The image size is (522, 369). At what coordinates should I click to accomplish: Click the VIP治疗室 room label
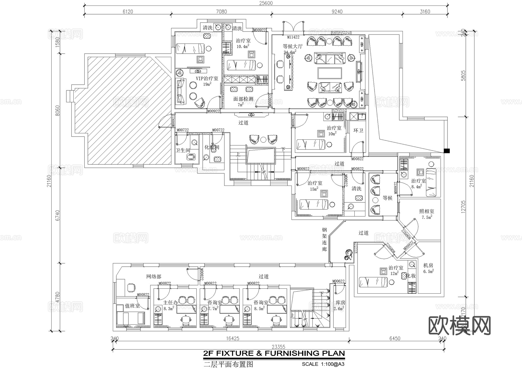206,79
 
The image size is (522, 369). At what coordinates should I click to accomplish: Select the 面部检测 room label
243,99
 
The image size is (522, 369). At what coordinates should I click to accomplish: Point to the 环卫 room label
358,131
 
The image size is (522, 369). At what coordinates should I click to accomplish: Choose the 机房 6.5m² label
428,266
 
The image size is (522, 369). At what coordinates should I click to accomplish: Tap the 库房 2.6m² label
340,303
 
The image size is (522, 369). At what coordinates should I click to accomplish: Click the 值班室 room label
132,306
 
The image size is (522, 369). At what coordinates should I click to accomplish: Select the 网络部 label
153,277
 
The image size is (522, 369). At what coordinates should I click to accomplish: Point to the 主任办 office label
170,303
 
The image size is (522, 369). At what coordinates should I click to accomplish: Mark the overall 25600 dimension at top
266,3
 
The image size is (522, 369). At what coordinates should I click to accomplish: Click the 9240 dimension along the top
337,12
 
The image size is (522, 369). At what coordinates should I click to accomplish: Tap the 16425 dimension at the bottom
233,338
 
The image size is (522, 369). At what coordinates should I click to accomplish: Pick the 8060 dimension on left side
57,110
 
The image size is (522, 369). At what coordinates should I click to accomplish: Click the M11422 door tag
293,37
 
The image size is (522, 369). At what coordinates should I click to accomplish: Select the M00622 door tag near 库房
338,281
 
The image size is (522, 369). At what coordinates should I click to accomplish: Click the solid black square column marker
447,151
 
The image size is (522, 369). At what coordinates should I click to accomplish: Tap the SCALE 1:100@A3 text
323,364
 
